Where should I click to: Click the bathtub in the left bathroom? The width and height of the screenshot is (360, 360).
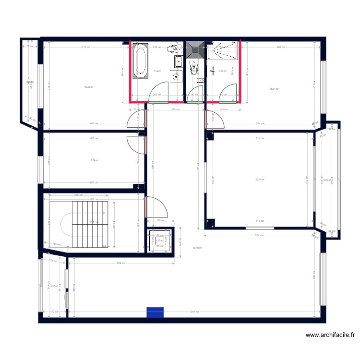[140, 62]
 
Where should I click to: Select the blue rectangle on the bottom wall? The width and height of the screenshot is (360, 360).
[155, 312]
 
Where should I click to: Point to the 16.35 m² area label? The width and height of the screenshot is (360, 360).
[88, 87]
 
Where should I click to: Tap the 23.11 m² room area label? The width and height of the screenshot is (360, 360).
[260, 180]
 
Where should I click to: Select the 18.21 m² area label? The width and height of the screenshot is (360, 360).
[274, 88]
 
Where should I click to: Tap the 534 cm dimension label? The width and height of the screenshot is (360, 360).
[259, 235]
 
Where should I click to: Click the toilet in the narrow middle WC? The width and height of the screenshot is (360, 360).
[193, 71]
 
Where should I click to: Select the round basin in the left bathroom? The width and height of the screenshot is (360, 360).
[177, 76]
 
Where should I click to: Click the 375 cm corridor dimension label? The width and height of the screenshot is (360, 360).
[176, 109]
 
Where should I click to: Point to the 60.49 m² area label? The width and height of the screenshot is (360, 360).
[197, 248]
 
